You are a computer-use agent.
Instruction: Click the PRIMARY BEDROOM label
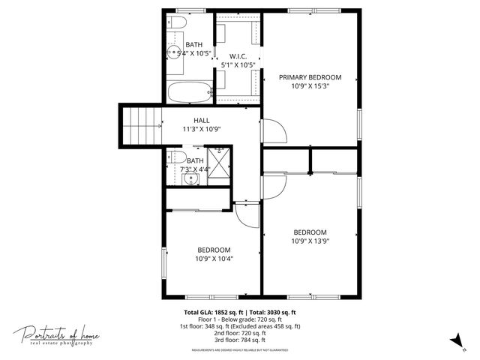pyautogui.click(x=310, y=77)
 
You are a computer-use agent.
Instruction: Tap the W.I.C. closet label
pyautogui.click(x=238, y=56)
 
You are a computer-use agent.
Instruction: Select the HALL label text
pyautogui.click(x=201, y=120)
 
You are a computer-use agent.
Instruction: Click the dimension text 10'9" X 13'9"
pyautogui.click(x=310, y=241)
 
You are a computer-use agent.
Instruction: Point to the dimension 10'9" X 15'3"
pyautogui.click(x=310, y=86)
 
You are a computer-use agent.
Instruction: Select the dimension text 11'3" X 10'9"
pyautogui.click(x=201, y=129)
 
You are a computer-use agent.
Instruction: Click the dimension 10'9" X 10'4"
pyautogui.click(x=214, y=259)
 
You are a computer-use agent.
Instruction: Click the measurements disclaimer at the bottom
pyautogui.click(x=240, y=349)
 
